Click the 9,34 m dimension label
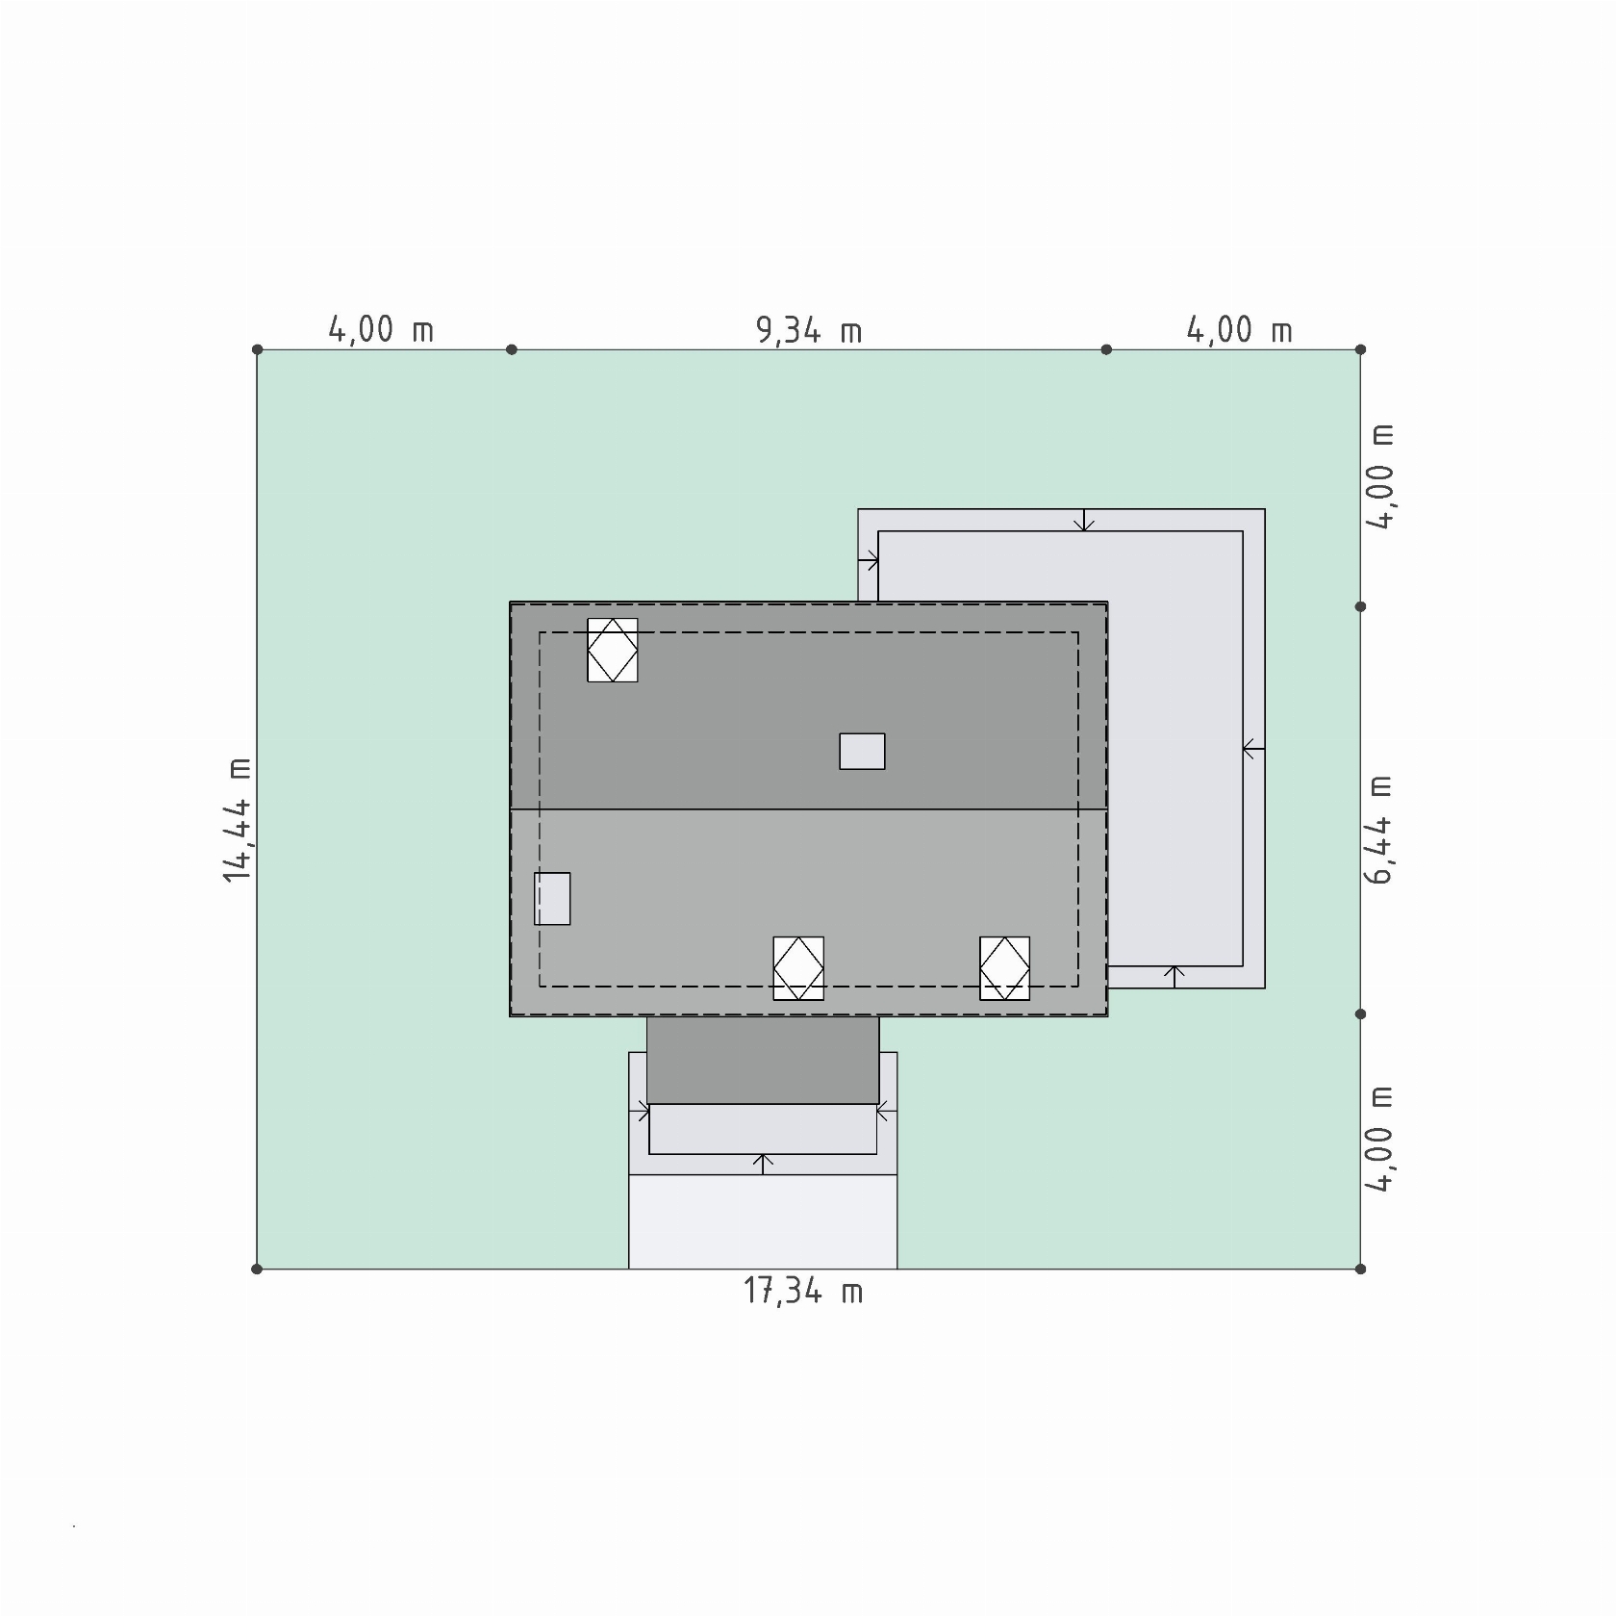click(809, 330)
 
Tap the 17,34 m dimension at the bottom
click(803, 1291)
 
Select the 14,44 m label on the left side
click(238, 818)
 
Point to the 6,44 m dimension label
click(1378, 829)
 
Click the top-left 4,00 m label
click(381, 330)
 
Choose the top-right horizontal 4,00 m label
click(1239, 330)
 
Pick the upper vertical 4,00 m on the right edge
click(1378, 476)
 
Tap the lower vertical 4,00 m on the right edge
click(1378, 1140)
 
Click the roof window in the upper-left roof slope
click(613, 651)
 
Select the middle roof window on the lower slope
click(798, 968)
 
